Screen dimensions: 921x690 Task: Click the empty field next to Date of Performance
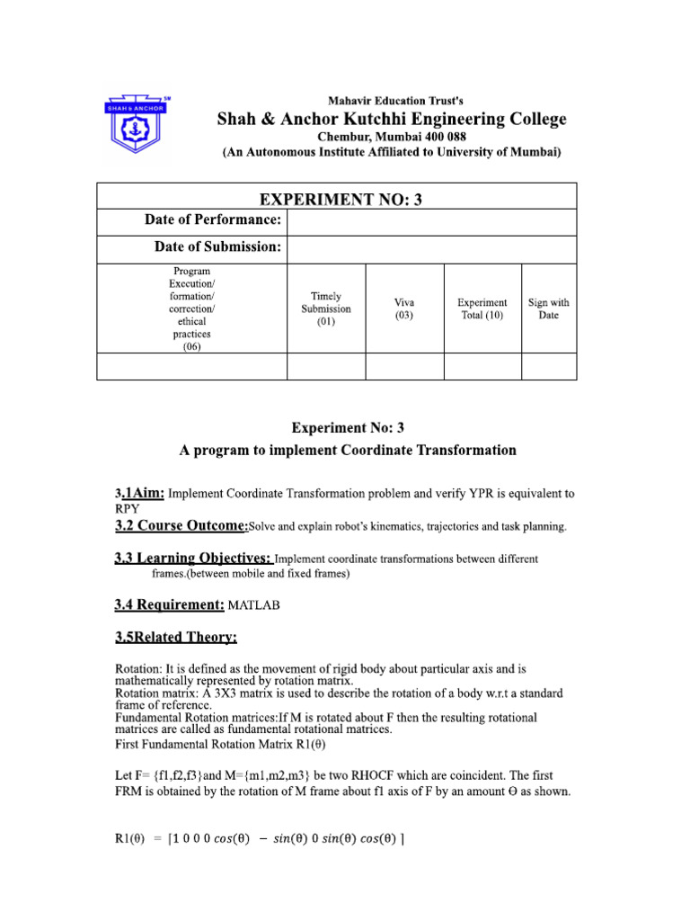[x=431, y=221]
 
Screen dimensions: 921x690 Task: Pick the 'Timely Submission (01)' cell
[x=325, y=308]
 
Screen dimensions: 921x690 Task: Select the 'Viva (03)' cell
[x=404, y=308]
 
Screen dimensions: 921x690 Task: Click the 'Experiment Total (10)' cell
[x=482, y=308]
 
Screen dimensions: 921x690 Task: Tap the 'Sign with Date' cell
[x=548, y=308]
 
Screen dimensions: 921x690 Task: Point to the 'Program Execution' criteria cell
[x=191, y=308]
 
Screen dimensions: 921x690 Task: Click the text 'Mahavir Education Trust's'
[x=394, y=101]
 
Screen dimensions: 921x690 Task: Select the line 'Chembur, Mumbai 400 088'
[x=394, y=137]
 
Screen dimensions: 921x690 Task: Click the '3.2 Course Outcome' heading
[x=181, y=525]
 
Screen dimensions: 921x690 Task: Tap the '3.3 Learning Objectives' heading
[x=192, y=559]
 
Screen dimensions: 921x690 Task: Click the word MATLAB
[x=254, y=605]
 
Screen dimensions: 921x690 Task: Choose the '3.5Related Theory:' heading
[x=176, y=638]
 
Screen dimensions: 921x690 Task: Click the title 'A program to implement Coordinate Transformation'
[x=348, y=451]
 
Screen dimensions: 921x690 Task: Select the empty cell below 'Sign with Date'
[x=548, y=366]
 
